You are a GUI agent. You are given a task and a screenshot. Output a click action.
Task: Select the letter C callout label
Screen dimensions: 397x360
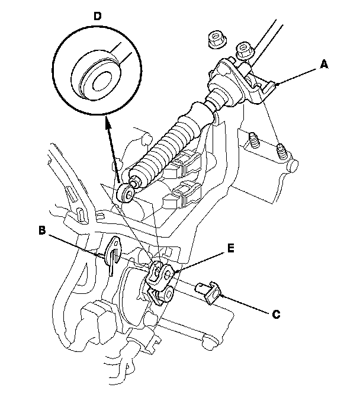click(x=276, y=315)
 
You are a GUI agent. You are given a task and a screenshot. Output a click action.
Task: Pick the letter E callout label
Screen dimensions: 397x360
click(x=230, y=249)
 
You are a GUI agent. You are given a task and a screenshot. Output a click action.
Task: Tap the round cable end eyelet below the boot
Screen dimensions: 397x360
click(x=126, y=193)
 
